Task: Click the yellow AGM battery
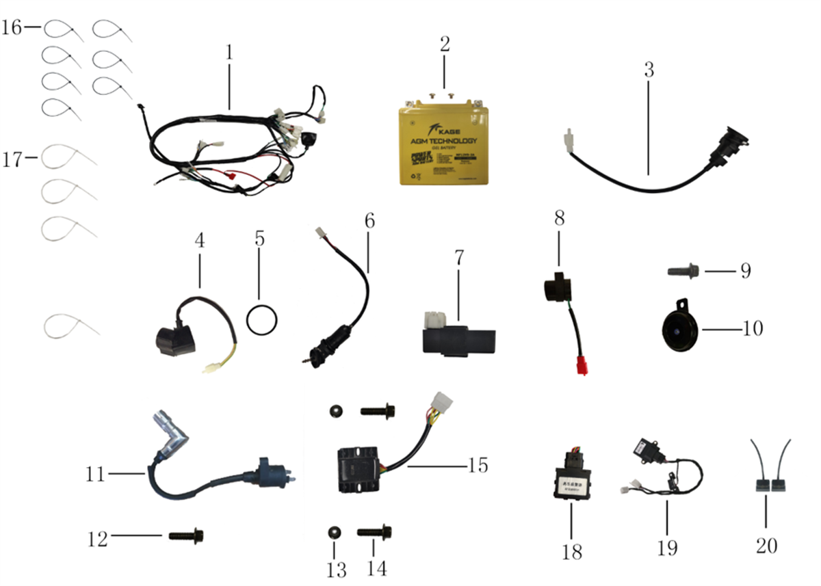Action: coord(444,144)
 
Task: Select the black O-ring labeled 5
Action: coord(262,321)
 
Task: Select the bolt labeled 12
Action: coord(185,536)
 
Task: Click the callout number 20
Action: coord(766,545)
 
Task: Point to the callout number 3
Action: coord(649,70)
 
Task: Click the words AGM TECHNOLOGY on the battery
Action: coord(444,141)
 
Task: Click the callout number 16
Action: coord(12,28)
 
